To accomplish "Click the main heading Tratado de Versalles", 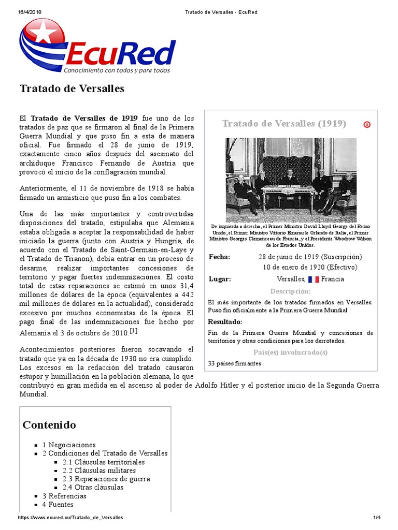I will point(72,89).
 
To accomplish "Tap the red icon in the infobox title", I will point(367,124).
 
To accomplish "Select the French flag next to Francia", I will point(313,279).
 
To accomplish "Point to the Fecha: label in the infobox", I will point(220,257).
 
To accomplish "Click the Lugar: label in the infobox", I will point(220,279).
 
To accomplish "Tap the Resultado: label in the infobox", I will point(225,321).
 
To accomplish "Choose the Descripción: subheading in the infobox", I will point(290,291).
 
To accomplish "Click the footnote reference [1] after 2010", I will point(134,331).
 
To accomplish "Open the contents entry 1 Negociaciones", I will point(69,445).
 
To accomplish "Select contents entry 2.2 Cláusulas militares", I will point(99,470).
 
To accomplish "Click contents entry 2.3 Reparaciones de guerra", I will point(106,479).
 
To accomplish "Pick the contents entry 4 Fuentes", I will point(58,504).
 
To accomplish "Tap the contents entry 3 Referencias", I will point(64,496).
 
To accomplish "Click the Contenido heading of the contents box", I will point(49,425).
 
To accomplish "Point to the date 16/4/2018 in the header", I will point(30,12).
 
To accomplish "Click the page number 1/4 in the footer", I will point(377,518).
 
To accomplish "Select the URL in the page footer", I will point(70,518).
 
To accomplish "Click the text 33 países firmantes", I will point(234,363).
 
